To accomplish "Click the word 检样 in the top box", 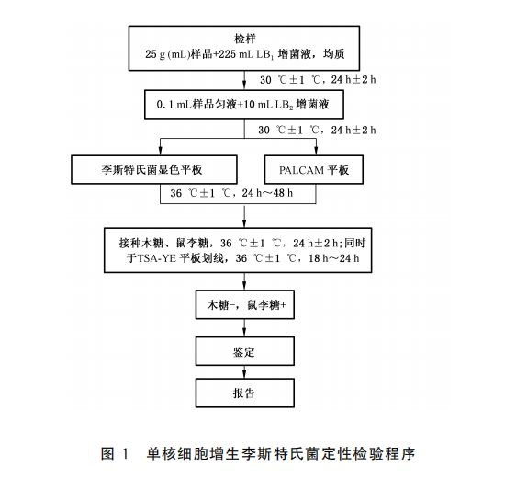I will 244,38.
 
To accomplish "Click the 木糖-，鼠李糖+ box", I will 243,305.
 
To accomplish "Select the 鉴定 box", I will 243,350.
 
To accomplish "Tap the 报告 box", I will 243,393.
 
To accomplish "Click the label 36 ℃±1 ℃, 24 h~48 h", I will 244,194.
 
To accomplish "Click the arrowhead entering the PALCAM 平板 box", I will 317,152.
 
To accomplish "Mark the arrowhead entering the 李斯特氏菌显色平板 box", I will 162,152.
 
